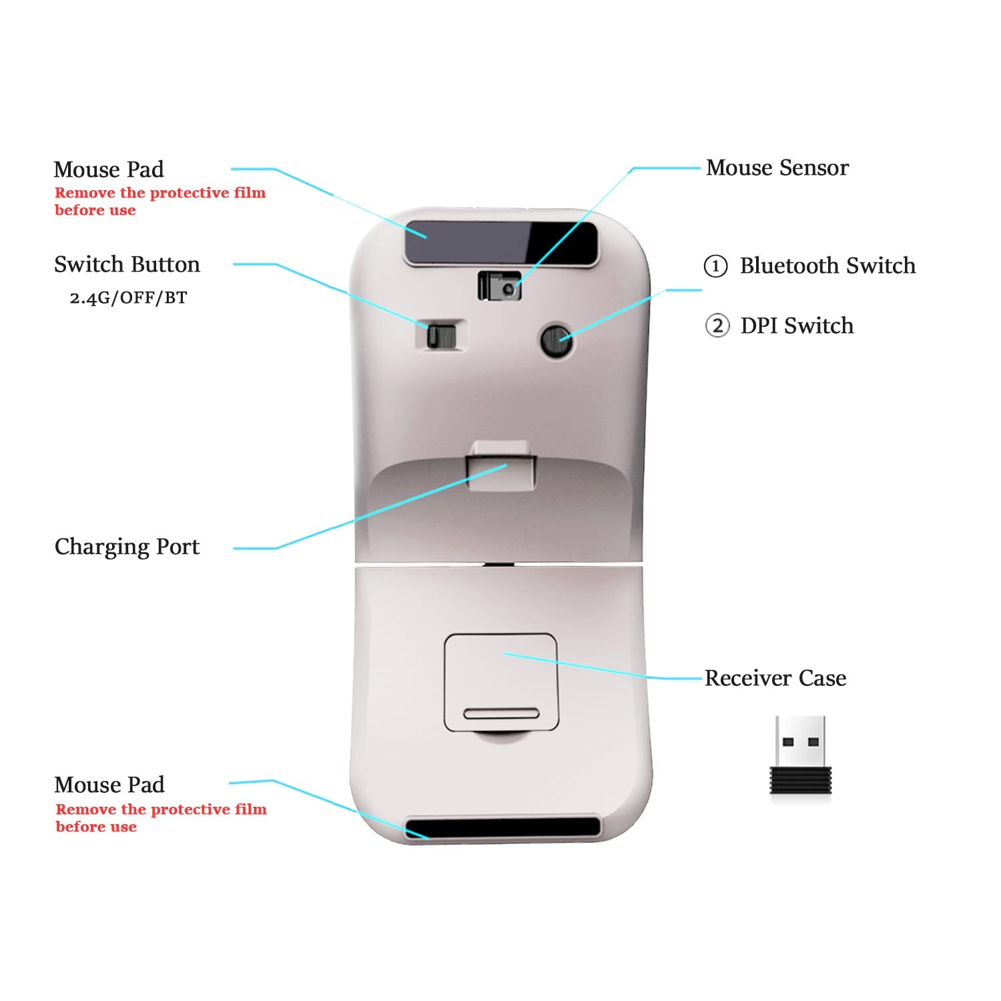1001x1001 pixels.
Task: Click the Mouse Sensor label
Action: coord(777,168)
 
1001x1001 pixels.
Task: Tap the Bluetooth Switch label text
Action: coord(827,266)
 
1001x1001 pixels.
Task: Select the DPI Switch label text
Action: coord(797,326)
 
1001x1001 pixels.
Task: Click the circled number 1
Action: coord(715,266)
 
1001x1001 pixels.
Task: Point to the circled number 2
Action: coord(717,326)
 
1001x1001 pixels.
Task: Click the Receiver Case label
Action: coord(775,678)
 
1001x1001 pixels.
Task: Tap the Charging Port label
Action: coord(127,547)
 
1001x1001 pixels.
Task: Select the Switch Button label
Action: coord(127,264)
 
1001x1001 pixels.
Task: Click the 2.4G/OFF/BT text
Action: coord(128,298)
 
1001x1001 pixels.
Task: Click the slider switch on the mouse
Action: coord(440,335)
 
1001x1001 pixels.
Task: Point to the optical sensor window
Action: coord(500,286)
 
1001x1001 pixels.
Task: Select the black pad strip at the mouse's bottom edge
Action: coord(503,827)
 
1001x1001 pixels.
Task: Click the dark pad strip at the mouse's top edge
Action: coord(500,242)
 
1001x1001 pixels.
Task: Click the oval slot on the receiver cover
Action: coord(500,713)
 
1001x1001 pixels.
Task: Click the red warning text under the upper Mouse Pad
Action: coord(159,202)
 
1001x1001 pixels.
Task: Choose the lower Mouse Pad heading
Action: coord(109,785)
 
